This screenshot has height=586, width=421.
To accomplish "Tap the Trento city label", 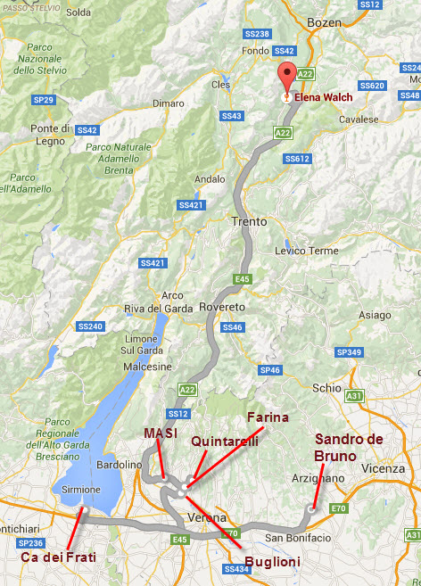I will (x=250, y=221).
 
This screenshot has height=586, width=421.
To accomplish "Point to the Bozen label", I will (x=324, y=21).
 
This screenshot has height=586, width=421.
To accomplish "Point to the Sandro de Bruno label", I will (x=349, y=446).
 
